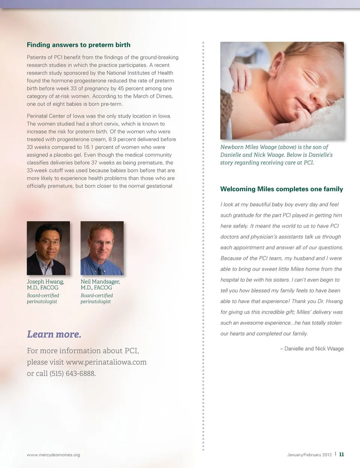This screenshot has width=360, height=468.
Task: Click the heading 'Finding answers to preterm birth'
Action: [x=78, y=45]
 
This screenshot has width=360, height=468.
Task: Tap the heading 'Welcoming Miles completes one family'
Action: [x=281, y=189]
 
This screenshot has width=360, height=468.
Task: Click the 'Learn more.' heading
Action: [x=54, y=334]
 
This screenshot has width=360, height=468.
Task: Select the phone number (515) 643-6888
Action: [x=72, y=374]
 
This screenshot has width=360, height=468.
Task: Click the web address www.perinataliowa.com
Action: [x=106, y=362]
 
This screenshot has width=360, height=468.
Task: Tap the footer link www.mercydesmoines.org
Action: [x=53, y=455]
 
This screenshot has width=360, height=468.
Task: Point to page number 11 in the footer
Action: [x=341, y=454]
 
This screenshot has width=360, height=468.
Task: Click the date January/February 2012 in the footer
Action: [x=309, y=455]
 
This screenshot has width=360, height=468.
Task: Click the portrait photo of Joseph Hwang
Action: [x=48, y=248]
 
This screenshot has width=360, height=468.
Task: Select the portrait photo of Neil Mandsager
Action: [x=102, y=248]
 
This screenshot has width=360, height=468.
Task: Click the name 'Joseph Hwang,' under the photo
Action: [x=45, y=282]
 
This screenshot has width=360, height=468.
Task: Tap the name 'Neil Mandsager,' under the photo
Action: [x=100, y=282]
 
